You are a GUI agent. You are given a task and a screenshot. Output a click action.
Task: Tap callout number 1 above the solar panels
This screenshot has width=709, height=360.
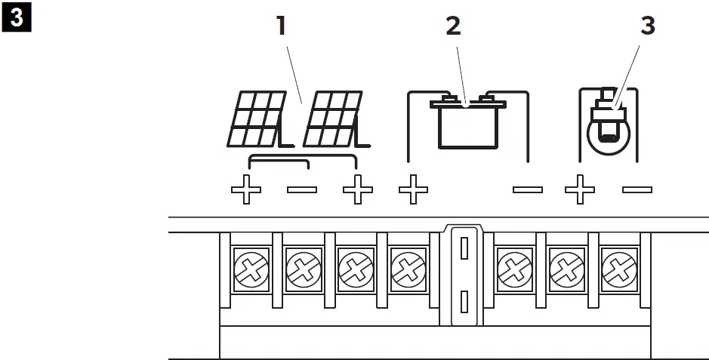[x=282, y=26]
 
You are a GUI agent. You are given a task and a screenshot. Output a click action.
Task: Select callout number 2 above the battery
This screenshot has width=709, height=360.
[x=453, y=25]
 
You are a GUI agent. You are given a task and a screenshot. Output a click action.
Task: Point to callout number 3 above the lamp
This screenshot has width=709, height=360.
[x=648, y=25]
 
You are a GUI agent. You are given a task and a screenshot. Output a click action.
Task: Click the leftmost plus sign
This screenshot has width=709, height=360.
[x=246, y=191]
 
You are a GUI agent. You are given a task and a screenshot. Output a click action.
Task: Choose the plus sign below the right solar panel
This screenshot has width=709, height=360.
[x=357, y=191]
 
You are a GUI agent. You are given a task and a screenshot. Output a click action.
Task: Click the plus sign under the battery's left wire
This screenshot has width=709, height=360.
[x=412, y=191]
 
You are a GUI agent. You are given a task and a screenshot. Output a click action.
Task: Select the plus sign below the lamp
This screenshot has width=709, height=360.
[x=580, y=191]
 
